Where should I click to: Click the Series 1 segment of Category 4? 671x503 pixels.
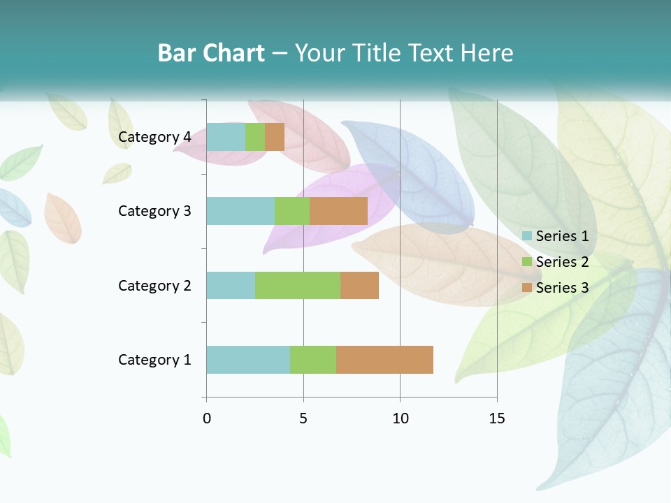[x=226, y=137]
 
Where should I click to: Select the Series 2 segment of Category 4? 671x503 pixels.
[x=255, y=137]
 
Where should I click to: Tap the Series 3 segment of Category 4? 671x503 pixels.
[x=275, y=137]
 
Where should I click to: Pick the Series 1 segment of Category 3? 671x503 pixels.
[x=240, y=211]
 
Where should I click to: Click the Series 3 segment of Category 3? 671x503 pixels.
[x=338, y=211]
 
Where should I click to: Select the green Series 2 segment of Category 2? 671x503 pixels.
[x=298, y=285]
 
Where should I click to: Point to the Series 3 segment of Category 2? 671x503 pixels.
[x=359, y=285]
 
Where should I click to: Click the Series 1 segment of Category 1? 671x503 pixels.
[x=248, y=360]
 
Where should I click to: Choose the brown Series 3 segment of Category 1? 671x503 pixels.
[x=384, y=360]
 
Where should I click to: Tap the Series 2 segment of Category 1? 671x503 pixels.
[x=313, y=360]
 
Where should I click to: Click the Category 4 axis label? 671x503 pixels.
[x=154, y=137]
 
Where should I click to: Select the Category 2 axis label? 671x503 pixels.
[x=154, y=285]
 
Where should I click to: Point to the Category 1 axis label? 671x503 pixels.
[x=154, y=360]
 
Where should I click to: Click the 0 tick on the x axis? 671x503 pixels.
[x=207, y=418]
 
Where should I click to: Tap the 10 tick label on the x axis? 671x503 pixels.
[x=400, y=418]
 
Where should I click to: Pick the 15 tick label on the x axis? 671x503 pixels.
[x=497, y=418]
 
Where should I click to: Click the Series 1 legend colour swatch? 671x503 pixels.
[x=527, y=236]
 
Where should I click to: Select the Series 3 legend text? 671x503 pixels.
[x=562, y=288]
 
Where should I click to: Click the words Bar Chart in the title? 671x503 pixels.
[x=211, y=53]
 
